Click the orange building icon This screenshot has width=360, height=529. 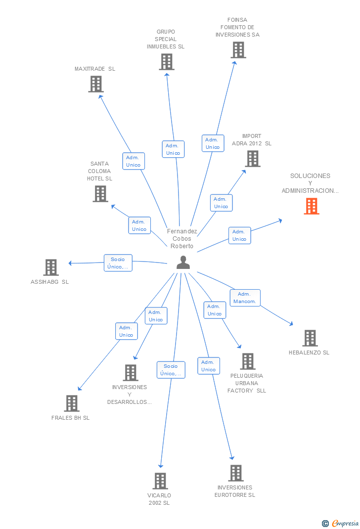click(x=311, y=206)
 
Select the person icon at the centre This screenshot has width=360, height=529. click(x=183, y=263)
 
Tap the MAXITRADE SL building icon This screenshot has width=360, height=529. click(x=95, y=84)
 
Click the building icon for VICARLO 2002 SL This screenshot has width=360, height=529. click(x=160, y=481)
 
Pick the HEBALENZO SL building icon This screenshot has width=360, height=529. click(x=310, y=338)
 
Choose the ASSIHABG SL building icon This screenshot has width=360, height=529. click(x=50, y=267)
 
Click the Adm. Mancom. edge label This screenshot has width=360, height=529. click(x=245, y=298)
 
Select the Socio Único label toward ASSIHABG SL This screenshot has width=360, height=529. click(x=118, y=263)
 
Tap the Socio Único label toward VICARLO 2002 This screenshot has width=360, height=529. click(x=171, y=370)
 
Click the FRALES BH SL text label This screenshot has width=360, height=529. click(x=71, y=418)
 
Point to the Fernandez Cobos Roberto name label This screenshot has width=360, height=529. click(x=182, y=239)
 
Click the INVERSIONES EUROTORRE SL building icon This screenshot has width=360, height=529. click(x=235, y=473)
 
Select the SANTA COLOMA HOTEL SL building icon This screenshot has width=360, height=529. click(x=100, y=194)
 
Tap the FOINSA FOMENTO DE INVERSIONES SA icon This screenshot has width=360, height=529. click(x=238, y=50)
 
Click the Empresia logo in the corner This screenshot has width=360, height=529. click(x=340, y=523)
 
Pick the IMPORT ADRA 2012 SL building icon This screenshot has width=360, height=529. click(x=252, y=159)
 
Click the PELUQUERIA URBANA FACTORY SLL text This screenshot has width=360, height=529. click(x=247, y=383)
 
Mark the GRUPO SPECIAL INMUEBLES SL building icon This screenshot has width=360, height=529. click(x=166, y=62)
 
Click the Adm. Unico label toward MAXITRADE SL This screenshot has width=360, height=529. click(x=134, y=161)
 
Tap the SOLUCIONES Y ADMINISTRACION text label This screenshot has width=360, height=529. click(x=311, y=183)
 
